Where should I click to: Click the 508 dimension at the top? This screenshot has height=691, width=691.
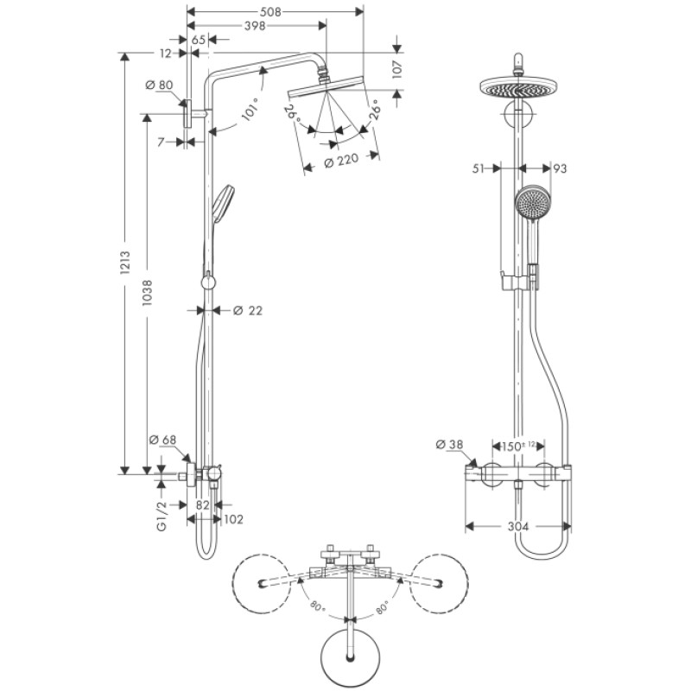[271, 12]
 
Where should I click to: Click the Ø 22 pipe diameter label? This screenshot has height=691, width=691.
[248, 310]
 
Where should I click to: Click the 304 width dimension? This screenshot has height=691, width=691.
[518, 526]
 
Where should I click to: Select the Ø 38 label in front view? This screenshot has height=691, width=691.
[451, 445]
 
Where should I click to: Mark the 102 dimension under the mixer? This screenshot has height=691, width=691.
[233, 519]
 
